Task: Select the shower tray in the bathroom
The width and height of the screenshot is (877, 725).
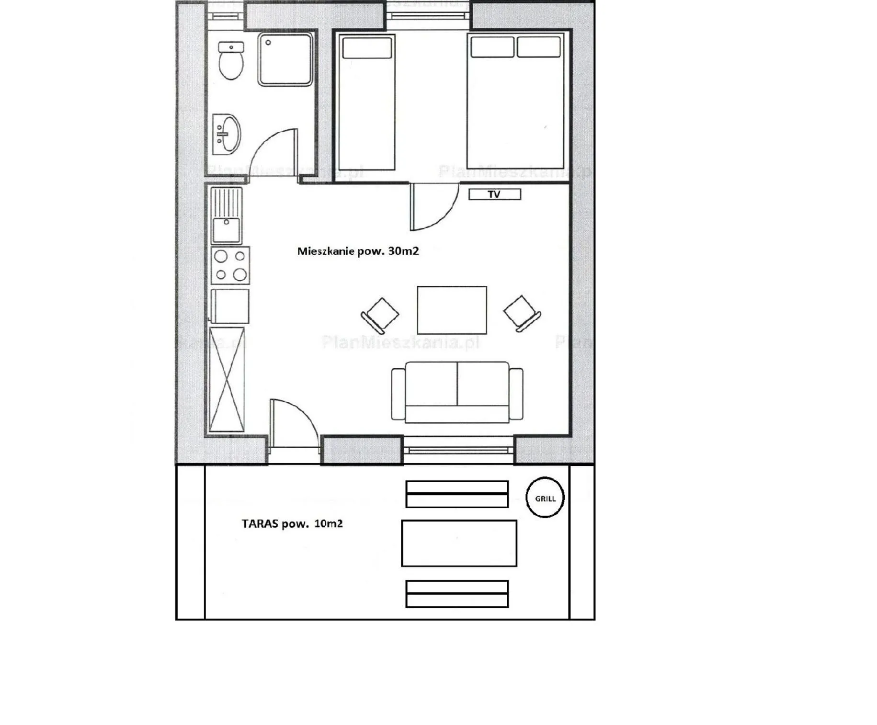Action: pos(285,59)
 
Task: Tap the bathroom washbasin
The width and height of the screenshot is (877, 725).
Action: pos(227,134)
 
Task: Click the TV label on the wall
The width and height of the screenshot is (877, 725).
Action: pos(494,194)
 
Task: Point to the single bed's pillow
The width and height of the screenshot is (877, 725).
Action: pos(367,48)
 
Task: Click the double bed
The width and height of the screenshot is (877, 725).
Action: pos(515,101)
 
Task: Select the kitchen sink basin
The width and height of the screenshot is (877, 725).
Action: pos(227,230)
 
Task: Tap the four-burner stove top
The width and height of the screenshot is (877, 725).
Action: pos(230,265)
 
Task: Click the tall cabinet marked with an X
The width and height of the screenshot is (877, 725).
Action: pos(227,379)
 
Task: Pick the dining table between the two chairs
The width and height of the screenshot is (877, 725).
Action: pos(452,310)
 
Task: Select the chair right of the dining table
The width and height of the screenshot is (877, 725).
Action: pos(522,313)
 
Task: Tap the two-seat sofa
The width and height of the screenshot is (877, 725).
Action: pos(457,392)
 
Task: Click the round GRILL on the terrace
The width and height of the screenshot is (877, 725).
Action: pos(545,498)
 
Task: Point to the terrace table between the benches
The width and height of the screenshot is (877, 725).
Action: pos(459,543)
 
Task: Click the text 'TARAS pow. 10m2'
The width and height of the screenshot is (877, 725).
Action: pos(292,524)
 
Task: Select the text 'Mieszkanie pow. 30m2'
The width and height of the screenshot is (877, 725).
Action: pos(358,251)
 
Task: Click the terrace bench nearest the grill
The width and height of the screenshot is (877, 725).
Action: pos(457,494)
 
